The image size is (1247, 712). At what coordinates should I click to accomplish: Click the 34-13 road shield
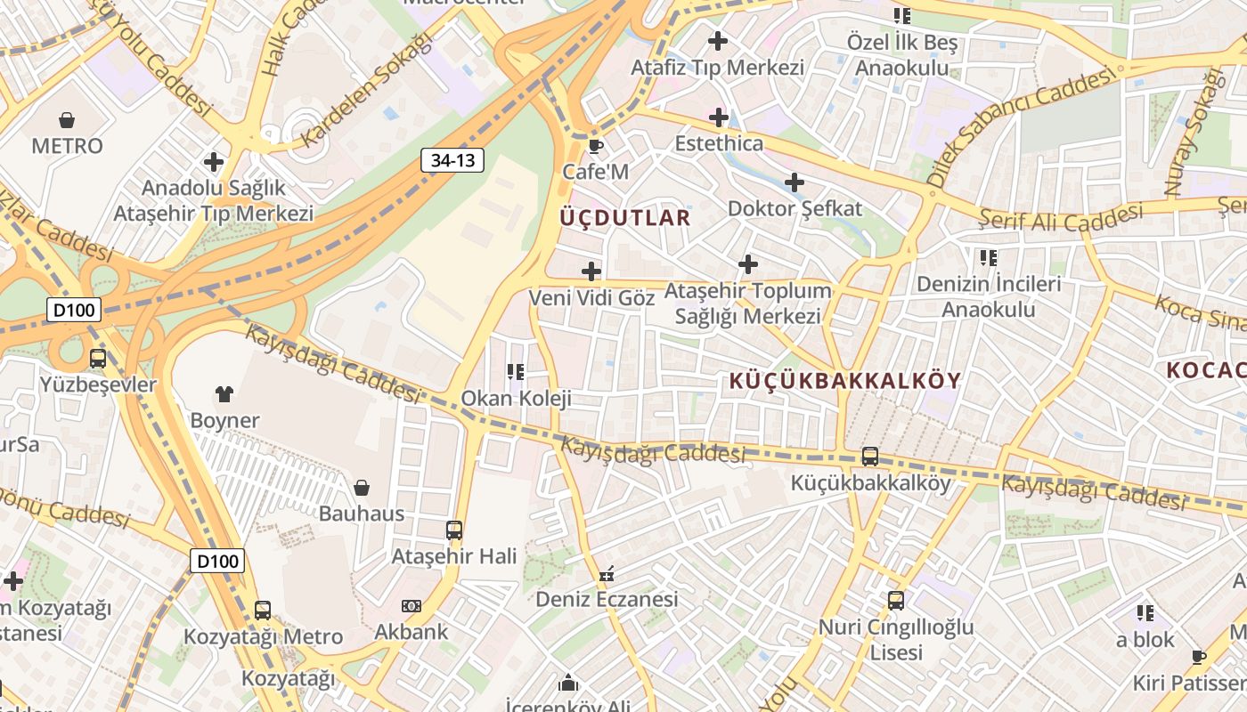click(x=452, y=160)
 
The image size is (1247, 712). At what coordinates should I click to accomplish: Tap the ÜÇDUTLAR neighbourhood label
click(x=625, y=218)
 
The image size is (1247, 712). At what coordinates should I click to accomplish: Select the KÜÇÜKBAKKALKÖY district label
click(x=844, y=381)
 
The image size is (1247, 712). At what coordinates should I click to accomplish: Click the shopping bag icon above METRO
click(x=67, y=119)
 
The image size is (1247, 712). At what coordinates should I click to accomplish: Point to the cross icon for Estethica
click(x=718, y=117)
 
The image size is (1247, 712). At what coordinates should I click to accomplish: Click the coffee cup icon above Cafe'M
click(x=596, y=145)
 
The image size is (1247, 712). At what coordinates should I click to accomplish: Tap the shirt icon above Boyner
click(x=224, y=393)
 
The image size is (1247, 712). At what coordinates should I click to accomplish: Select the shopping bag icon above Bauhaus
click(x=362, y=487)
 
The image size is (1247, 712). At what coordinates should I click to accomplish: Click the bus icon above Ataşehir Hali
click(x=454, y=530)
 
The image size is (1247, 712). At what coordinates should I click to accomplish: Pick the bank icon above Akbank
click(x=411, y=605)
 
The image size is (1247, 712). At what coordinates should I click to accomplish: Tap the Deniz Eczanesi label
click(x=607, y=599)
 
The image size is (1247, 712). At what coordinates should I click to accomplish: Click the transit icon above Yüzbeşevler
click(x=98, y=359)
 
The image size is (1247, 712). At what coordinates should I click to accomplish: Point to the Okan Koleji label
click(x=516, y=398)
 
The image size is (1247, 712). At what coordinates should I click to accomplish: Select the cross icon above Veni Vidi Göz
click(x=591, y=271)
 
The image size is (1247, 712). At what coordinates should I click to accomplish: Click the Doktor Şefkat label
click(x=795, y=209)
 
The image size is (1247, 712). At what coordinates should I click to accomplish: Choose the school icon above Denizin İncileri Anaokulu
click(x=989, y=258)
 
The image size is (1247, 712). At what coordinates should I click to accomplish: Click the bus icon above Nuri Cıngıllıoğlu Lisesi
click(x=896, y=601)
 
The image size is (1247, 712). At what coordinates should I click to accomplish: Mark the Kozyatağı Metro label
click(x=263, y=637)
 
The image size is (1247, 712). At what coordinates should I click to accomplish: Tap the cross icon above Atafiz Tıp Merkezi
click(x=717, y=40)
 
